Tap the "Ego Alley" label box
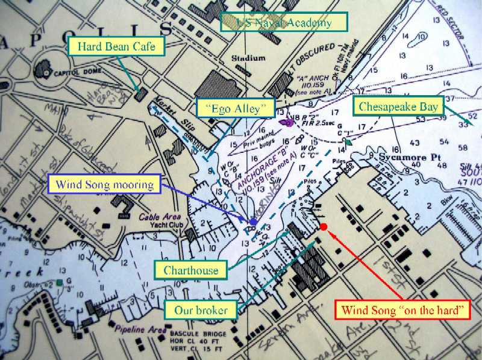pyautogui.click(x=236, y=109)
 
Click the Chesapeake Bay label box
pyautogui.click(x=398, y=107)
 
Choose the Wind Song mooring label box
pyautogui.click(x=105, y=184)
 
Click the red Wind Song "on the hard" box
pyautogui.click(x=402, y=311)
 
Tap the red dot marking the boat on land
pyautogui.click(x=324, y=227)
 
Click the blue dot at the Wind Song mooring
pyautogui.click(x=254, y=222)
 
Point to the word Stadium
pyautogui.click(x=249, y=58)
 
